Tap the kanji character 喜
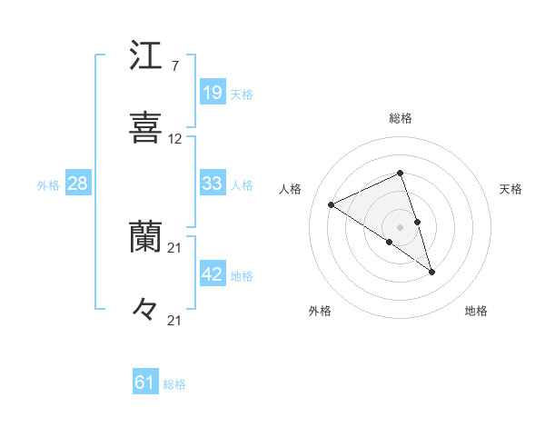(x=146, y=127)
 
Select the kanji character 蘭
(x=146, y=237)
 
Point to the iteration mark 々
(x=146, y=309)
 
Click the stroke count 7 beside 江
(x=174, y=67)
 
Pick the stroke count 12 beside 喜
(x=175, y=139)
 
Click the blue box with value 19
(x=212, y=93)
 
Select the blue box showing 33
(x=212, y=184)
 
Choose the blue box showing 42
(x=212, y=274)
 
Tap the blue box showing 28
(x=77, y=184)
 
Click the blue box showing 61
(x=144, y=383)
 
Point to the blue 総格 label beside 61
(x=174, y=384)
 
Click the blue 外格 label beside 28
(x=48, y=184)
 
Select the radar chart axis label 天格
(x=511, y=189)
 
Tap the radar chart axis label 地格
(x=476, y=311)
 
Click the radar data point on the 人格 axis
(x=332, y=204)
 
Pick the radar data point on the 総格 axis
(x=400, y=173)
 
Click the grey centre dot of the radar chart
(x=400, y=225)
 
